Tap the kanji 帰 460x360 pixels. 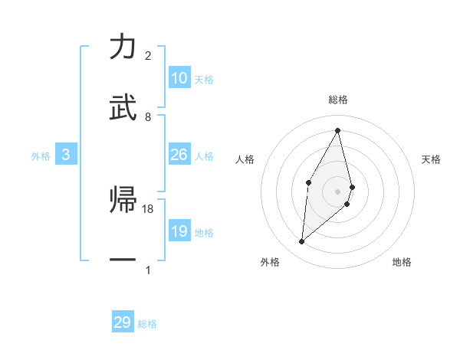pos(123,201)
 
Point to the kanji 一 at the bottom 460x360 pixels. pos(123,261)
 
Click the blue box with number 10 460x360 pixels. pos(179,78)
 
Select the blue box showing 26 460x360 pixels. pos(179,155)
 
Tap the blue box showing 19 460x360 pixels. pos(179,231)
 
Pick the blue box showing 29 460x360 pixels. pos(123,322)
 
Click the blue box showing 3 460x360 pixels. pos(66,155)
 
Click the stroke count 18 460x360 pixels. pos(148,208)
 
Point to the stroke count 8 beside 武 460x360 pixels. pos(148,116)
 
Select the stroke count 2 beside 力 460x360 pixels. pos(148,56)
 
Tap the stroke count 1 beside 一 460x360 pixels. pos(148,270)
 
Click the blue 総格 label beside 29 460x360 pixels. pos(147,324)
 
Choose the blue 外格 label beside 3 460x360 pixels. pos(41,156)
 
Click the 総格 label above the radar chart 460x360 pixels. pos(338,100)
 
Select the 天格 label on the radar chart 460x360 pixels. pos(432,159)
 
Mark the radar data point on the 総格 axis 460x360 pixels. pos(338,130)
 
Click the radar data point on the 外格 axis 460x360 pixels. pos(302,242)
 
